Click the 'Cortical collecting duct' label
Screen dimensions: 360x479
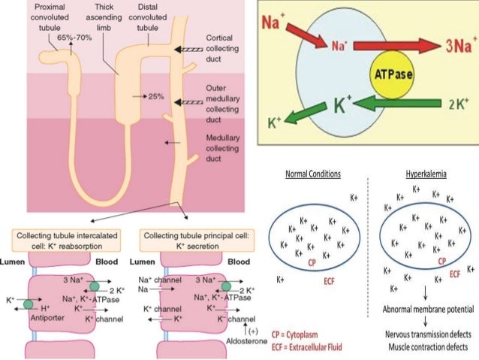(x=223, y=47)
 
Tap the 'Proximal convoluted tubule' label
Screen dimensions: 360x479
(x=51, y=17)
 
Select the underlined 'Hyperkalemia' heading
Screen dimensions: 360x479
(x=426, y=174)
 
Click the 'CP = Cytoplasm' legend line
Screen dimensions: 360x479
(x=303, y=334)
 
